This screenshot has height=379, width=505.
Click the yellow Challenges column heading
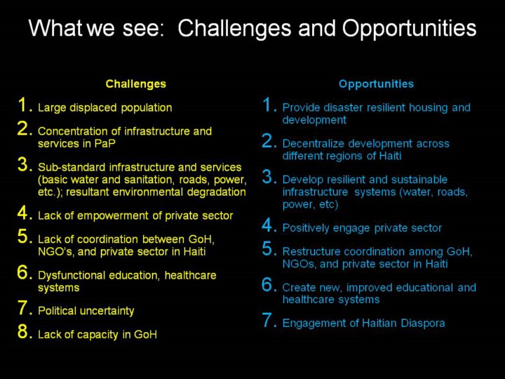point(135,84)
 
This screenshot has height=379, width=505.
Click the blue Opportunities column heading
point(376,84)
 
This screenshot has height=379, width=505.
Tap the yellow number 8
point(23,331)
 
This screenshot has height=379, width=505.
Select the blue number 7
point(268,320)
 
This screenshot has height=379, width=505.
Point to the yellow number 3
point(23,164)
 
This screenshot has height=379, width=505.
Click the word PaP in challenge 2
point(105,143)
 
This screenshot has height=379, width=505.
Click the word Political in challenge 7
point(57,311)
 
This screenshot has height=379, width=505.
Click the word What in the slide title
point(56,28)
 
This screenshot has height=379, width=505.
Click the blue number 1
point(268,105)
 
